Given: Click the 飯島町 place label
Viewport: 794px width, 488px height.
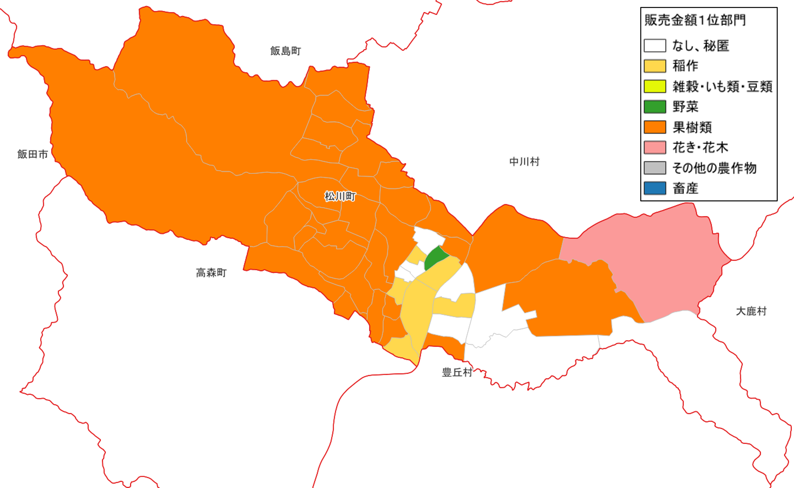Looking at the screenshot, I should pyautogui.click(x=286, y=51).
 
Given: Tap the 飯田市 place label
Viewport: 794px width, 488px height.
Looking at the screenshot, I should pyautogui.click(x=33, y=154).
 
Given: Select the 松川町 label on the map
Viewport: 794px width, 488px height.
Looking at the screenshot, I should pyautogui.click(x=340, y=196).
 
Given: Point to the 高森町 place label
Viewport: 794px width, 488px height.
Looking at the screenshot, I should pyautogui.click(x=211, y=273).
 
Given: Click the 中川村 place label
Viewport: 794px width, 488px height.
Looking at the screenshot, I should pyautogui.click(x=525, y=162).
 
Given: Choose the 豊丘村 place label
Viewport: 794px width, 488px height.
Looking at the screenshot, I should pyautogui.click(x=457, y=372).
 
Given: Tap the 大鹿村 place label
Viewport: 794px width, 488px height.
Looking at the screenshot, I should pyautogui.click(x=751, y=311).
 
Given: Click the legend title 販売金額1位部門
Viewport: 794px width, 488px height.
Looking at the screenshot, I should pyautogui.click(x=695, y=20).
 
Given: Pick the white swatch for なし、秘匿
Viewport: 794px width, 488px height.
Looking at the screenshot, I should pyautogui.click(x=655, y=46).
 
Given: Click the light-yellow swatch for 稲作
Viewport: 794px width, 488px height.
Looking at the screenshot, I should pyautogui.click(x=655, y=66).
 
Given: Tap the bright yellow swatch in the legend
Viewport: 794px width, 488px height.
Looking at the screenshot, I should pyautogui.click(x=655, y=86).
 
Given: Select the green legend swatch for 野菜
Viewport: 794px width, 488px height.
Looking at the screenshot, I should pyautogui.click(x=655, y=107).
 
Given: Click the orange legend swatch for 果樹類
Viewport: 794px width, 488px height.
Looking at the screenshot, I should pyautogui.click(x=655, y=127).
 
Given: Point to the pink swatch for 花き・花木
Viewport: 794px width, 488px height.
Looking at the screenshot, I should pyautogui.click(x=655, y=147).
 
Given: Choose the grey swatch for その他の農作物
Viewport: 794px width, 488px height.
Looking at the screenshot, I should pyautogui.click(x=655, y=168).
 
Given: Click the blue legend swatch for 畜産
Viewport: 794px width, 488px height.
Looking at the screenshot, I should pyautogui.click(x=655, y=188).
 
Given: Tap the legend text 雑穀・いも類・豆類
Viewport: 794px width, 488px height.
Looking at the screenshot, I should pyautogui.click(x=722, y=86).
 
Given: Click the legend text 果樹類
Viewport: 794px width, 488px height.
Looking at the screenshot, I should pyautogui.click(x=692, y=127).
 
